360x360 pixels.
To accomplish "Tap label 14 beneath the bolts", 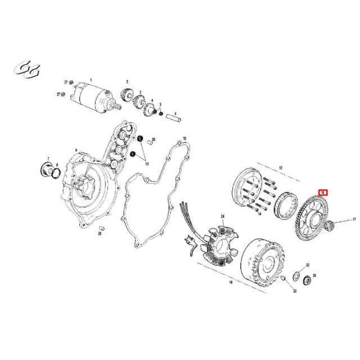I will (x=260, y=215).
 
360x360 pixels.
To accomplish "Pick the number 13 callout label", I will (x=281, y=167).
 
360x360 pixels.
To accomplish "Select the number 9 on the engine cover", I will (x=76, y=150).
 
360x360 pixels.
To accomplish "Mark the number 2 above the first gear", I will (x=127, y=82).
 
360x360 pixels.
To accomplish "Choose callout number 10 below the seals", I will (x=147, y=164).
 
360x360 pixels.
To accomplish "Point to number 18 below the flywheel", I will (x=230, y=283).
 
